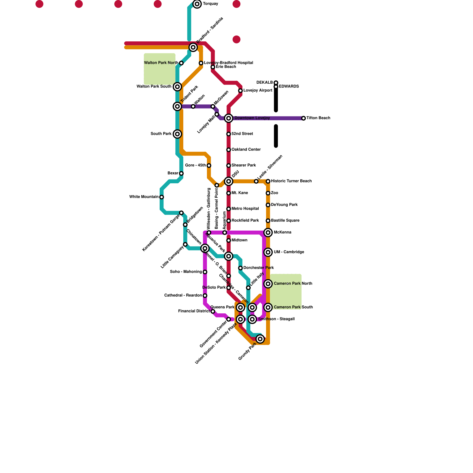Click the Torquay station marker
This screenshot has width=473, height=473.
[197, 4]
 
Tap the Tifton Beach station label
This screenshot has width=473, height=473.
[318, 118]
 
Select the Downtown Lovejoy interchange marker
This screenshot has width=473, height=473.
[229, 118]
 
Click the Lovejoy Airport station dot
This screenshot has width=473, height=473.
[240, 91]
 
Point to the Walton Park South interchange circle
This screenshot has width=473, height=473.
[177, 87]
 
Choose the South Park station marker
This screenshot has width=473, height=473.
[177, 134]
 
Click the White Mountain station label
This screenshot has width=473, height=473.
[144, 197]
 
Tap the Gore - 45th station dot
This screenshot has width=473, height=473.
[209, 166]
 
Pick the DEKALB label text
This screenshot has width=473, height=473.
[265, 82]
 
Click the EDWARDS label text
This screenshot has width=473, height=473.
[289, 87]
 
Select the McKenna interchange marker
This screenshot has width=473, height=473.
[268, 233]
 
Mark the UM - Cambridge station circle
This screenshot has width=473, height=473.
[268, 252]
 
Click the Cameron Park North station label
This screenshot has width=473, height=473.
[293, 284]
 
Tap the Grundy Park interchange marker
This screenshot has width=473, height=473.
[260, 339]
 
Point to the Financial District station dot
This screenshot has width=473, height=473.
[213, 312]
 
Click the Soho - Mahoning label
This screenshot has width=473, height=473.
[186, 272]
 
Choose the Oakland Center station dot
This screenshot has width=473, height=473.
[229, 150]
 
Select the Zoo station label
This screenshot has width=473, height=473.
[274, 193]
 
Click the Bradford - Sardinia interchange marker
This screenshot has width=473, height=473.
[193, 47]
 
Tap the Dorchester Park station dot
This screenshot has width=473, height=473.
[240, 268]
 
